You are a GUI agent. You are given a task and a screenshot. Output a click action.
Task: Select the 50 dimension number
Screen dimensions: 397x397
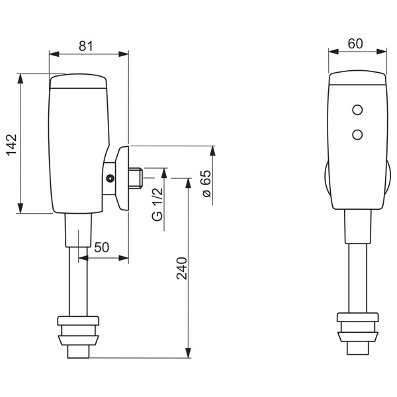click(101, 247)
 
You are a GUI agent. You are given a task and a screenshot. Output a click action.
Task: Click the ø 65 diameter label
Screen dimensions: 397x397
click(206, 183)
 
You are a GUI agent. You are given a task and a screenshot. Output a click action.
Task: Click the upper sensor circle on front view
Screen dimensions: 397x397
click(358, 109)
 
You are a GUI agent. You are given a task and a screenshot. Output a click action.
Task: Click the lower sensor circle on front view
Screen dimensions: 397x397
click(358, 134)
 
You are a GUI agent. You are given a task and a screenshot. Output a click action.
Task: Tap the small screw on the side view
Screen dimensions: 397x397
click(110, 177)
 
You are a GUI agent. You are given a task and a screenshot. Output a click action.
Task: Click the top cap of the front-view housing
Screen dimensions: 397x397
click(357, 79)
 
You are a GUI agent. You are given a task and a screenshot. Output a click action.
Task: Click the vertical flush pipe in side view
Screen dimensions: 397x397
click(78, 278)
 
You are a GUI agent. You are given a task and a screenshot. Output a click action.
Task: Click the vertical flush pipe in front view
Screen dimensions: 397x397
click(357, 278)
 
